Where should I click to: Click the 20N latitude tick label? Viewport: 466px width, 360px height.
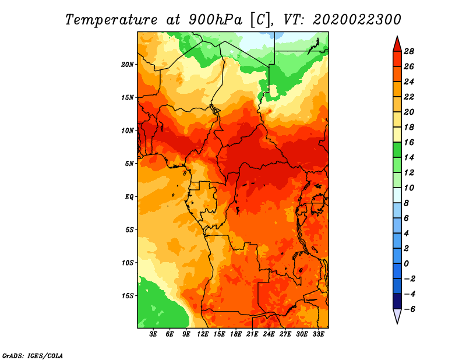click(128, 65)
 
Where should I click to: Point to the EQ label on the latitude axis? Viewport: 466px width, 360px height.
click(129, 197)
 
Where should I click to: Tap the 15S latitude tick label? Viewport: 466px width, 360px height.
click(128, 296)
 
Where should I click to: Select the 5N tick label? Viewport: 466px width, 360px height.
click(129, 164)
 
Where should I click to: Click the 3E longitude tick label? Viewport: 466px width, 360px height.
click(153, 334)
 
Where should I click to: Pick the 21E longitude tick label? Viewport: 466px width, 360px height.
click(252, 334)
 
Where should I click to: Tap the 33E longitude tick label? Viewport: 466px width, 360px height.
click(318, 334)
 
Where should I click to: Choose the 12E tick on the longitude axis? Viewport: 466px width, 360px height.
click(202, 334)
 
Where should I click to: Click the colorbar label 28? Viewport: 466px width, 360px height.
click(409, 52)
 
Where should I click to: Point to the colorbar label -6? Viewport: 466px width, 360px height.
click(409, 309)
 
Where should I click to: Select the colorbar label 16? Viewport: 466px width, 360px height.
click(409, 142)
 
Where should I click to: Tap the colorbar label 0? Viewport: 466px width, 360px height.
click(406, 264)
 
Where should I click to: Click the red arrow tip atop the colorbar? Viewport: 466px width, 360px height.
click(397, 36)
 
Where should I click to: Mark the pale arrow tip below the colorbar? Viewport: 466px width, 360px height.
click(397, 323)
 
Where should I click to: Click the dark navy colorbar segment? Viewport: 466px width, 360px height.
click(397, 301)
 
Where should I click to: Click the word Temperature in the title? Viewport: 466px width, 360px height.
click(111, 20)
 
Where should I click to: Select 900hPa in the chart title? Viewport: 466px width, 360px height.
click(215, 20)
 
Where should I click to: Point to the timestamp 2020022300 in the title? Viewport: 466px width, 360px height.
click(357, 20)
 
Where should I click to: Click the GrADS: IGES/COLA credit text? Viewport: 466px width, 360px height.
click(33, 355)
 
